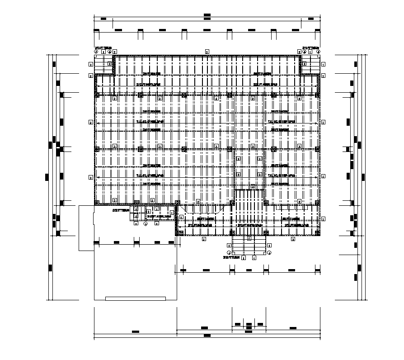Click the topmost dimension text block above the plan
point(207,15)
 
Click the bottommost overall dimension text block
point(207,336)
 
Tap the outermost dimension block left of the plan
point(47,177)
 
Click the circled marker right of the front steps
point(269,252)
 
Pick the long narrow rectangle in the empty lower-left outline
point(135,298)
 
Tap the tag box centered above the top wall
point(207,52)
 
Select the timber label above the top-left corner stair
point(100,47)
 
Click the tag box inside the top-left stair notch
point(110,64)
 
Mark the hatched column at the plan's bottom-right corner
point(318,233)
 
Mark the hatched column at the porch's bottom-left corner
point(179,233)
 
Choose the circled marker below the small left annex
point(146,223)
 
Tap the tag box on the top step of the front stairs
point(248,237)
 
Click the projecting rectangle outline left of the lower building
point(86,228)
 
